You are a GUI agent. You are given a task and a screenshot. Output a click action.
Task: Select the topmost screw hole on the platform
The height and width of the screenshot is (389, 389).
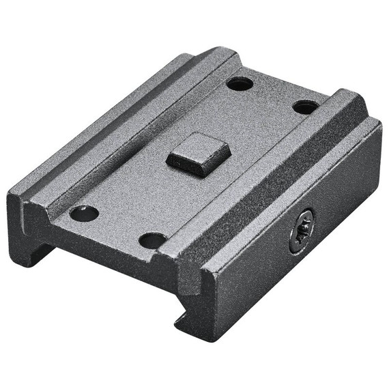click(x=240, y=84)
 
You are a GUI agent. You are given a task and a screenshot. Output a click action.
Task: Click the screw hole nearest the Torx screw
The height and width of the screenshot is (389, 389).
click(x=305, y=107)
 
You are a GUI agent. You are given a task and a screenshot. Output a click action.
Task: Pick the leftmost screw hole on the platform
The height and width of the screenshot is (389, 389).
click(x=85, y=213)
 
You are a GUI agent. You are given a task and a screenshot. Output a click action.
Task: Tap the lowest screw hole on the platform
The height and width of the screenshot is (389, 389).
click(x=153, y=240)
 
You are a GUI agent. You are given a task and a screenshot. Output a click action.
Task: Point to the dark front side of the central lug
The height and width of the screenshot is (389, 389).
click(x=191, y=166)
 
